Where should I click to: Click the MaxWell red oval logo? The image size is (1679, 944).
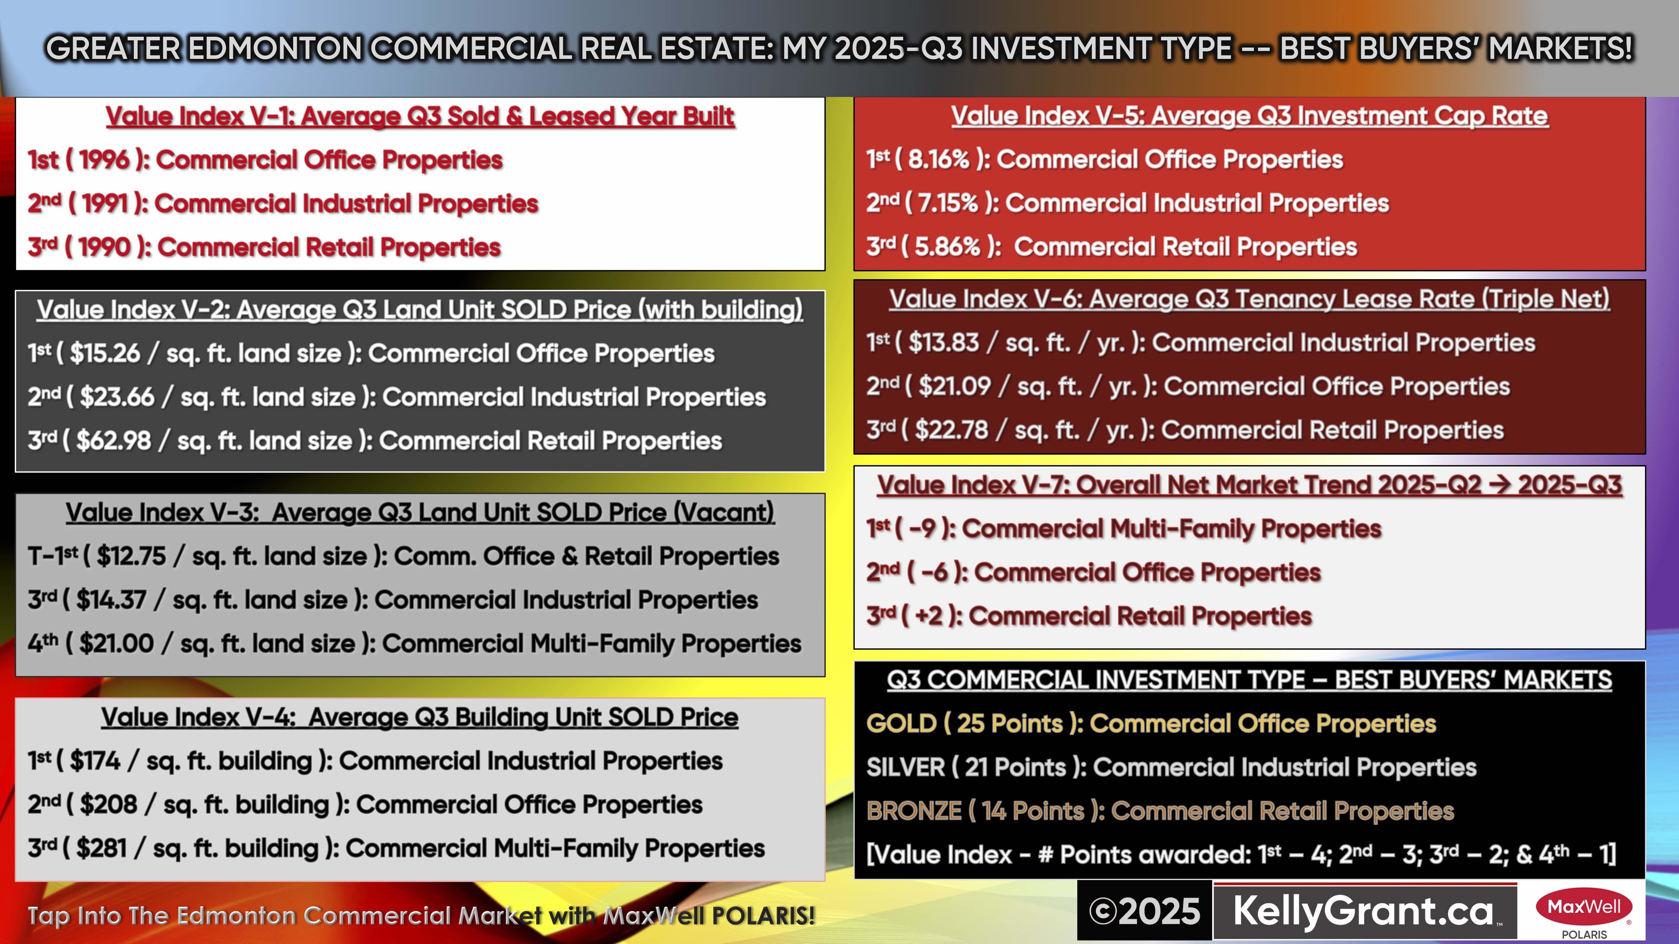pyautogui.click(x=1584, y=907)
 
